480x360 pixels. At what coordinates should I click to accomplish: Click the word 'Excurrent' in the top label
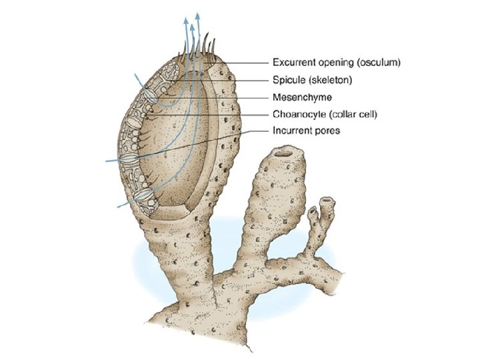293,63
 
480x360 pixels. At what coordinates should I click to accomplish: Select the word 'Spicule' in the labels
288,80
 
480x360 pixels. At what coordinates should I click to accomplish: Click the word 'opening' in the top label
336,63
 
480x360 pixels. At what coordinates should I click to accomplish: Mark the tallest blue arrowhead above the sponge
199,15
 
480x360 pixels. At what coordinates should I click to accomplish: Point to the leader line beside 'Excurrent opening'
247,63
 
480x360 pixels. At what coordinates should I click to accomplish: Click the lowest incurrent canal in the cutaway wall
142,197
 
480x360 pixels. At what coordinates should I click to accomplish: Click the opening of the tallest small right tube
327,200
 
